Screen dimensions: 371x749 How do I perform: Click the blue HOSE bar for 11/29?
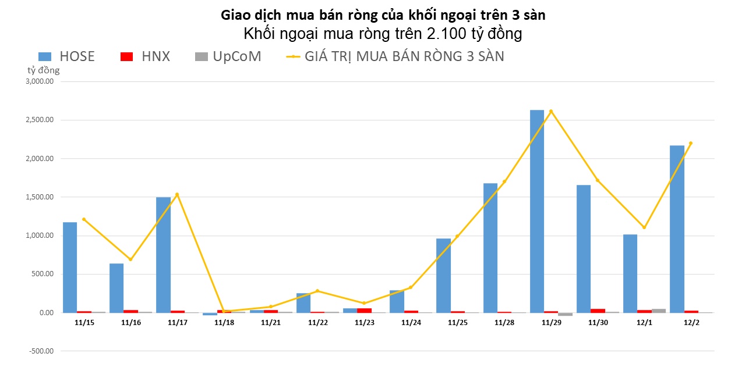(537, 211)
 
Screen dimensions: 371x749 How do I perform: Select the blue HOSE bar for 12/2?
(677, 229)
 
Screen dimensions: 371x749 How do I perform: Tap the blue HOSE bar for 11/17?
(163, 255)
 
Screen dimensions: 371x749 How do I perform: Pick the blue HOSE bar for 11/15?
(70, 267)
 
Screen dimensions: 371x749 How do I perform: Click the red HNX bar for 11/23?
(364, 310)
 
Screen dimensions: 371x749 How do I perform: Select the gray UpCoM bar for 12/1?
(658, 311)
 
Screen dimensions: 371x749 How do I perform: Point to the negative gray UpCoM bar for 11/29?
(565, 314)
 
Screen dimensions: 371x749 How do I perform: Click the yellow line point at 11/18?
(224, 311)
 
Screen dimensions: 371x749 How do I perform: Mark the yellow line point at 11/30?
(597, 180)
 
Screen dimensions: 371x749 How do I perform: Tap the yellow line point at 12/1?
(644, 227)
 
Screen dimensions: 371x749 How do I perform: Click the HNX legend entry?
(146, 56)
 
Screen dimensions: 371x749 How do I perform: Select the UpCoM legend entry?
(228, 56)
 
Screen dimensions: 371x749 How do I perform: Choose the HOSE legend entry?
(66, 56)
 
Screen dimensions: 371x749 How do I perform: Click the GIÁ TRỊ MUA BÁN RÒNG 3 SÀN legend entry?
(395, 56)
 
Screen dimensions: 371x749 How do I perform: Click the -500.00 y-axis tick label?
(41, 351)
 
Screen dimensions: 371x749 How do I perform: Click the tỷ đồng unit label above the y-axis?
(44, 70)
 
